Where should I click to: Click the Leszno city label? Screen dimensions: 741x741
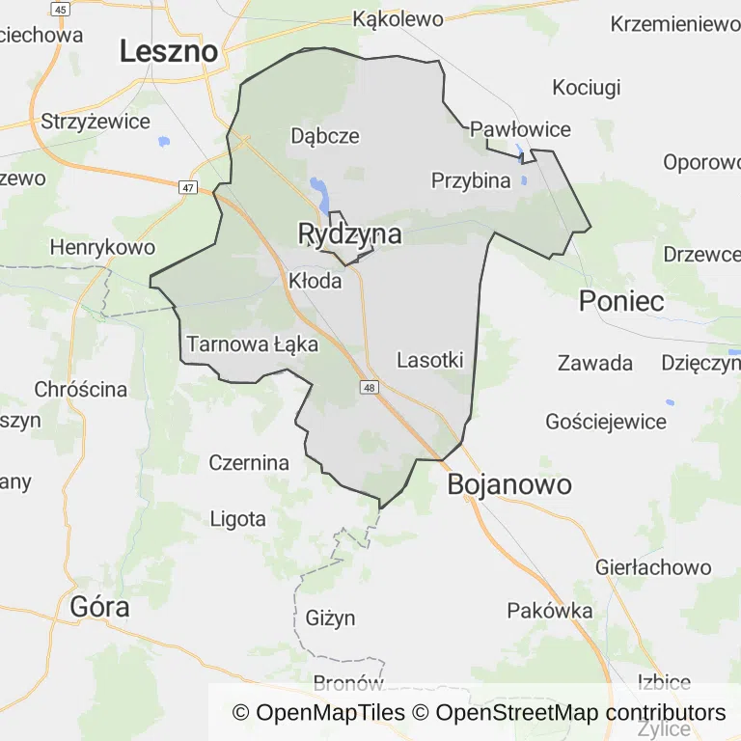(169, 51)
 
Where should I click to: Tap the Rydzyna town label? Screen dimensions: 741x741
(349, 233)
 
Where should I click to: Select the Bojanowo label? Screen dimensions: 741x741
(509, 484)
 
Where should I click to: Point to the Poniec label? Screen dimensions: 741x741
(621, 301)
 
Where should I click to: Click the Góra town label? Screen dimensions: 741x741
(100, 607)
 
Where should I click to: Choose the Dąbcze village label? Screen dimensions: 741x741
(325, 136)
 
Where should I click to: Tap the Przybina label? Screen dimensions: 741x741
(471, 180)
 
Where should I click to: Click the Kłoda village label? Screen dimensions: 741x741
(315, 281)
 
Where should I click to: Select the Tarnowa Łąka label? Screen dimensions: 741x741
(252, 343)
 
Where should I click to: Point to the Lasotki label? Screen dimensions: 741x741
(430, 360)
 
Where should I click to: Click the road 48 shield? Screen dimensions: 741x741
(370, 387)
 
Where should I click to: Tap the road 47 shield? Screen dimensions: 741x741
(188, 187)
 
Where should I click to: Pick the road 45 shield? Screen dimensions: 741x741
(61, 9)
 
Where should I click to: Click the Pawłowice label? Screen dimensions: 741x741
(520, 129)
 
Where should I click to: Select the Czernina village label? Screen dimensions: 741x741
(249, 463)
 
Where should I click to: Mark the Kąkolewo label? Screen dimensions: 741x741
(398, 19)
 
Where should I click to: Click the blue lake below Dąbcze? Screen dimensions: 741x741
(318, 185)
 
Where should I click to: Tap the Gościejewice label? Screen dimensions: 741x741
(606, 422)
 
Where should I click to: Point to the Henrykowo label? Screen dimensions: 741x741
(102, 248)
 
